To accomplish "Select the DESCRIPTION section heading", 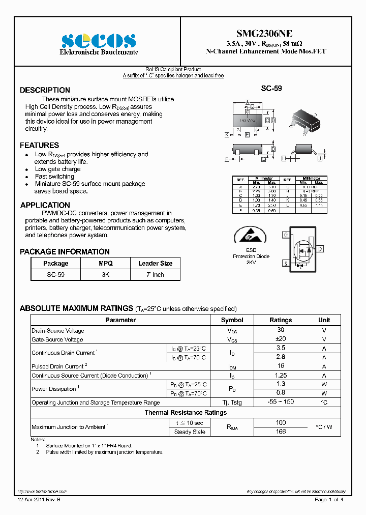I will pyautogui.click(x=45, y=90).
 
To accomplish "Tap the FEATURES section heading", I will pyautogui.click(x=39, y=146).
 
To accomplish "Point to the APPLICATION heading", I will pyautogui.click(x=45, y=205).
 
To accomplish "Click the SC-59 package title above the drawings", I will pyautogui.click(x=271, y=89).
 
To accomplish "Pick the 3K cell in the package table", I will pyautogui.click(x=105, y=274).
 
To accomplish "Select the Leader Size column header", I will pyautogui.click(x=155, y=264).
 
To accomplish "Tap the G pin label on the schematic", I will pyautogui.click(x=286, y=235).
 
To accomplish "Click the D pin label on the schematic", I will pyautogui.click(x=320, y=249).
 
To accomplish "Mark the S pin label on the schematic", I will pyautogui.click(x=286, y=263).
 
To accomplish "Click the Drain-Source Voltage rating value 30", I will pyautogui.click(x=281, y=330).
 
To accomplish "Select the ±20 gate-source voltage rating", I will pyautogui.click(x=281, y=339).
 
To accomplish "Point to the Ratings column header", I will pyautogui.click(x=281, y=320).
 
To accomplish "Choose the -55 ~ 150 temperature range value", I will pyautogui.click(x=281, y=402).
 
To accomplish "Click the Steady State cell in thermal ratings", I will pyautogui.click(x=190, y=432).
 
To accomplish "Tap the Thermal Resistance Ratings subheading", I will pyautogui.click(x=186, y=413).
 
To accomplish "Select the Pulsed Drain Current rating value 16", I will pyautogui.click(x=281, y=366).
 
